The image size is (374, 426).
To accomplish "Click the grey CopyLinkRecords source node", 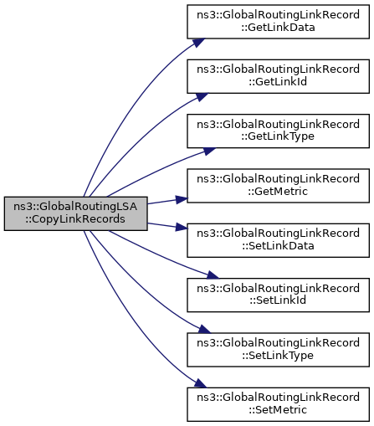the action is pos(75,213).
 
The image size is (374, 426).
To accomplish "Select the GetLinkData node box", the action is pos(278,22).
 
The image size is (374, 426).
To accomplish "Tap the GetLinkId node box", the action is pos(278,76).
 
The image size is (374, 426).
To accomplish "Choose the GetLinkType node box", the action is pos(278,131).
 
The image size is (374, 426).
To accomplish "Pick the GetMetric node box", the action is pos(278,186).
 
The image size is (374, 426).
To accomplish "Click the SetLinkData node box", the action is pos(278,240).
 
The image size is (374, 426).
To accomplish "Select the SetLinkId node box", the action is pos(278,295).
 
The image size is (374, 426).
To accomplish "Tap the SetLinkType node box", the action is pos(278,350).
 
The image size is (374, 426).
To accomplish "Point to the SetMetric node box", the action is pos(278,404).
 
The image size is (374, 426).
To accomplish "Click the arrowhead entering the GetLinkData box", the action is pos(199,43).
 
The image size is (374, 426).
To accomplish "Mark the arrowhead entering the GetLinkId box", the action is pos(202,97).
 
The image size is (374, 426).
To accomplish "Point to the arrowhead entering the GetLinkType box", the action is pos(209,151).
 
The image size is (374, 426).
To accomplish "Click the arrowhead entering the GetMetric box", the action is pos(182,199).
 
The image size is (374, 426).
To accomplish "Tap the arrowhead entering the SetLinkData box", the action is pos(182,228).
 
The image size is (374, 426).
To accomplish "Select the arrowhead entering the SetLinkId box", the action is pos(213,275).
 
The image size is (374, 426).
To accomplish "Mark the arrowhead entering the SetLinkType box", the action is pos(204,329).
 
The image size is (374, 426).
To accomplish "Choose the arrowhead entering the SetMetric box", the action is pos(201,383).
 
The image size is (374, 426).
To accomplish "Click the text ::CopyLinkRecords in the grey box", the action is pos(75,219).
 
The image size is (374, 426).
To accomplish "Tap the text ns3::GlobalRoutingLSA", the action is pos(75,207).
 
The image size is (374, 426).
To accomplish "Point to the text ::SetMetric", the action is pos(278,410).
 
